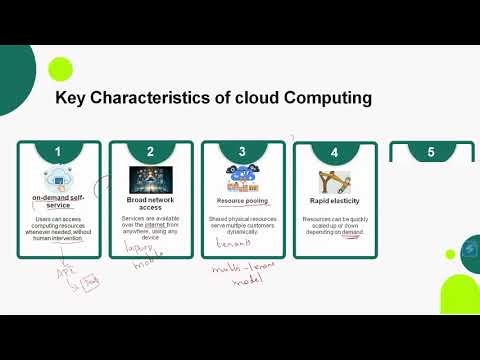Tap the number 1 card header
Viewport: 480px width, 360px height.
tap(59, 153)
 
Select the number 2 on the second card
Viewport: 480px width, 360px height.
tap(150, 153)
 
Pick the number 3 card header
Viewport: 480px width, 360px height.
tap(242, 153)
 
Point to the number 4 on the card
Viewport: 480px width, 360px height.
tap(335, 153)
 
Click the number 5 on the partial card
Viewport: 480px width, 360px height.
tap(431, 153)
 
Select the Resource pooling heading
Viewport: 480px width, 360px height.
tap(242, 200)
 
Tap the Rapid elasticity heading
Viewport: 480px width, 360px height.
tap(335, 200)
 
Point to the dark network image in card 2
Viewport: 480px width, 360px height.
tap(150, 180)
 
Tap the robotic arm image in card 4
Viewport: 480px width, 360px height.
tap(335, 181)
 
